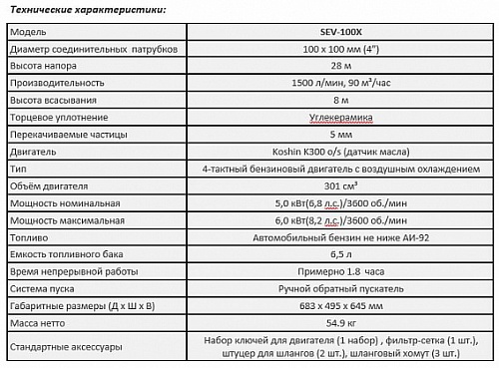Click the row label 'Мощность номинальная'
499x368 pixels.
pyautogui.click(x=57, y=202)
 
